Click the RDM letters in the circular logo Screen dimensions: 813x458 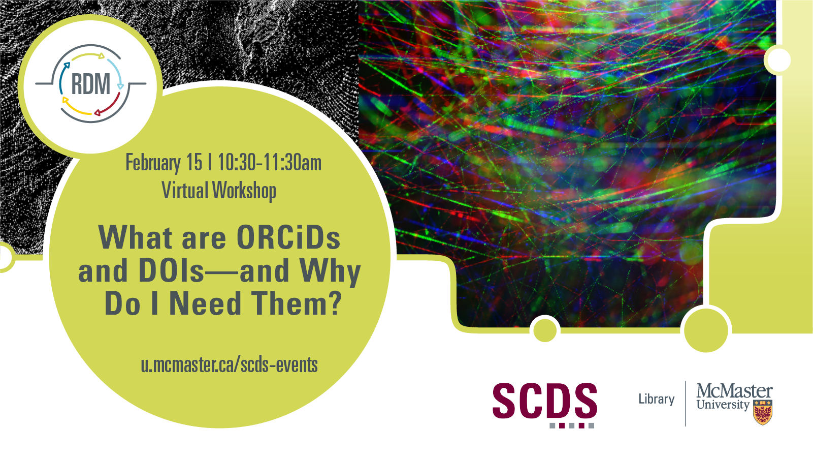91,84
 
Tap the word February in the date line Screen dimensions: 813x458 153,162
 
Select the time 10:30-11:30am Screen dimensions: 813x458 270,162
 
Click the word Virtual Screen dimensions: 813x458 185,190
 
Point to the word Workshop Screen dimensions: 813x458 244,191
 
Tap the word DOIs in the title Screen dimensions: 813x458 172,270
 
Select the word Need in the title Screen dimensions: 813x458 206,303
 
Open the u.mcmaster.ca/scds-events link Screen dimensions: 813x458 230,364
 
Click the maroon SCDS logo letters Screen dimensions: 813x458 545,401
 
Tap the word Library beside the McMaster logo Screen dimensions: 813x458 657,399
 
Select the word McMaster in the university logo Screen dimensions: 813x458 735,391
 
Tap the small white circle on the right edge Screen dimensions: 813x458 779,60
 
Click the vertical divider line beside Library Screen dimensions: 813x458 685,404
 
